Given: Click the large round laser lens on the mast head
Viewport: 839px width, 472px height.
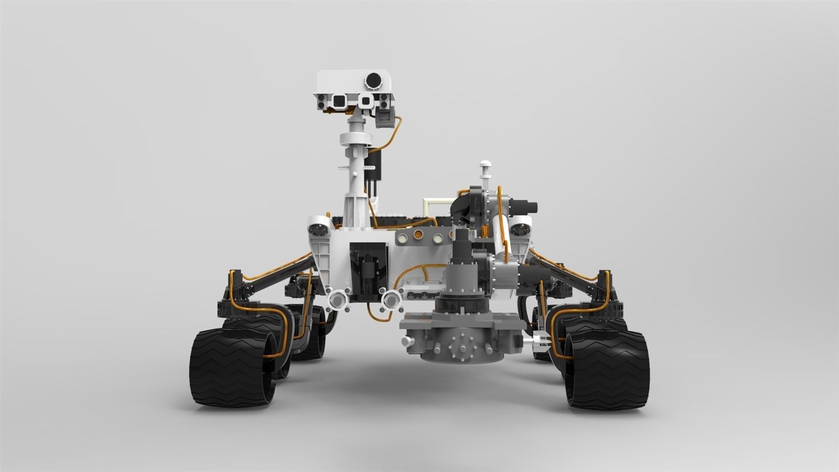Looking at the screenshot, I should [x=373, y=80].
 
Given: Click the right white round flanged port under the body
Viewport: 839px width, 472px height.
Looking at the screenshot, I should [x=391, y=300].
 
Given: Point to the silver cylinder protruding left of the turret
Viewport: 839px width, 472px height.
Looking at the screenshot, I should [x=407, y=342].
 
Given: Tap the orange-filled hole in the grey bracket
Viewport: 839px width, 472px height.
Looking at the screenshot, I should [x=419, y=237].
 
